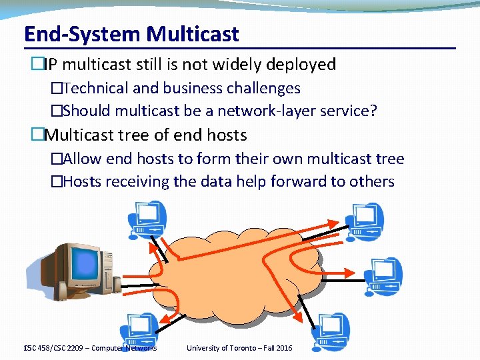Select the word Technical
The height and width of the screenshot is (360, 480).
pyautogui.click(x=97, y=88)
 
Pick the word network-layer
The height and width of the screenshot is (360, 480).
pyautogui.click(x=261, y=111)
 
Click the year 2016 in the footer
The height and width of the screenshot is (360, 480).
pyautogui.click(x=283, y=348)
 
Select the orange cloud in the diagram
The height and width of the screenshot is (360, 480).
pyautogui.click(x=240, y=267)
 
